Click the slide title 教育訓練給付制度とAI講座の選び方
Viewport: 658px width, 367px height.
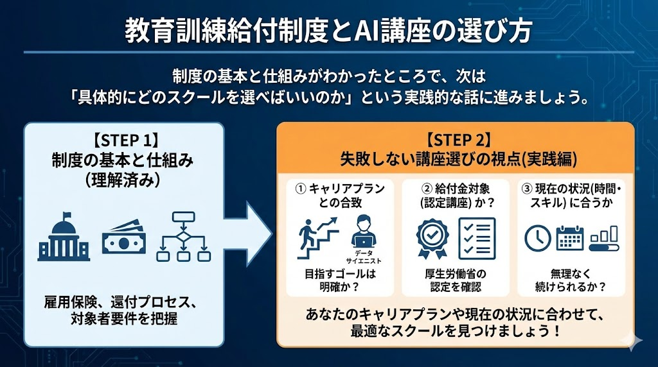[328, 30]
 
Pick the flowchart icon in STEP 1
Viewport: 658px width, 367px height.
[184, 237]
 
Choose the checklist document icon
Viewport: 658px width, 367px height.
[476, 237]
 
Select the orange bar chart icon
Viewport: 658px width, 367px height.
[605, 238]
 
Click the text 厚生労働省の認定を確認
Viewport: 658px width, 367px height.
[455, 280]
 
